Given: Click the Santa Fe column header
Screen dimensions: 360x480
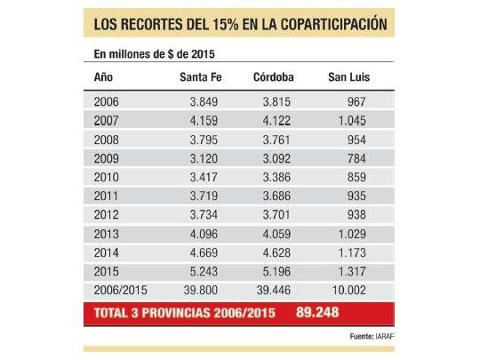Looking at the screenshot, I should [200, 77].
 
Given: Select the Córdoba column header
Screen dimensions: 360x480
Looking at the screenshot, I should [275, 77].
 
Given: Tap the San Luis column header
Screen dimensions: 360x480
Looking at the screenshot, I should [348, 77].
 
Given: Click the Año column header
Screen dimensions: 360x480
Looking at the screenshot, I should [103, 77].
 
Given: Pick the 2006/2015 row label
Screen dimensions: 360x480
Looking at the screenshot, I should [117, 292].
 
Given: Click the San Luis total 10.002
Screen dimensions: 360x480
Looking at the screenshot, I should [352, 292].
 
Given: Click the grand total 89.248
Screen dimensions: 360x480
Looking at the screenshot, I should [316, 312].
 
